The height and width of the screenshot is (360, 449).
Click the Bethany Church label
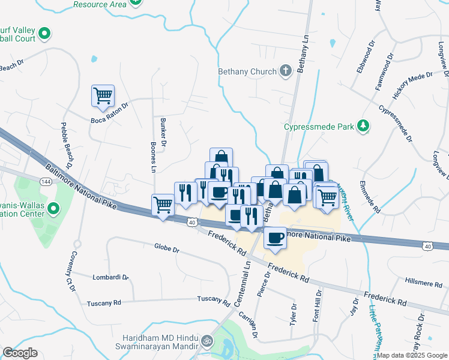pos(246,71)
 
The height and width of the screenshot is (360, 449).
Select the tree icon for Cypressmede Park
pos(363,125)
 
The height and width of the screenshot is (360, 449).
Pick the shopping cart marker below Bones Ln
pos(163,205)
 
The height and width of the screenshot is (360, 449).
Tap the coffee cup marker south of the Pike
pos(276,238)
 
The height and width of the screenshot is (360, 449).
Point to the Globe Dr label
pos(167,247)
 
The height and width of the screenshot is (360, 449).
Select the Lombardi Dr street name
pos(110,277)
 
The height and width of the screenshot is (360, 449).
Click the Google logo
pos(20,353)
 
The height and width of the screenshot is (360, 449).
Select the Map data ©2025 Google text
pos(411,355)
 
